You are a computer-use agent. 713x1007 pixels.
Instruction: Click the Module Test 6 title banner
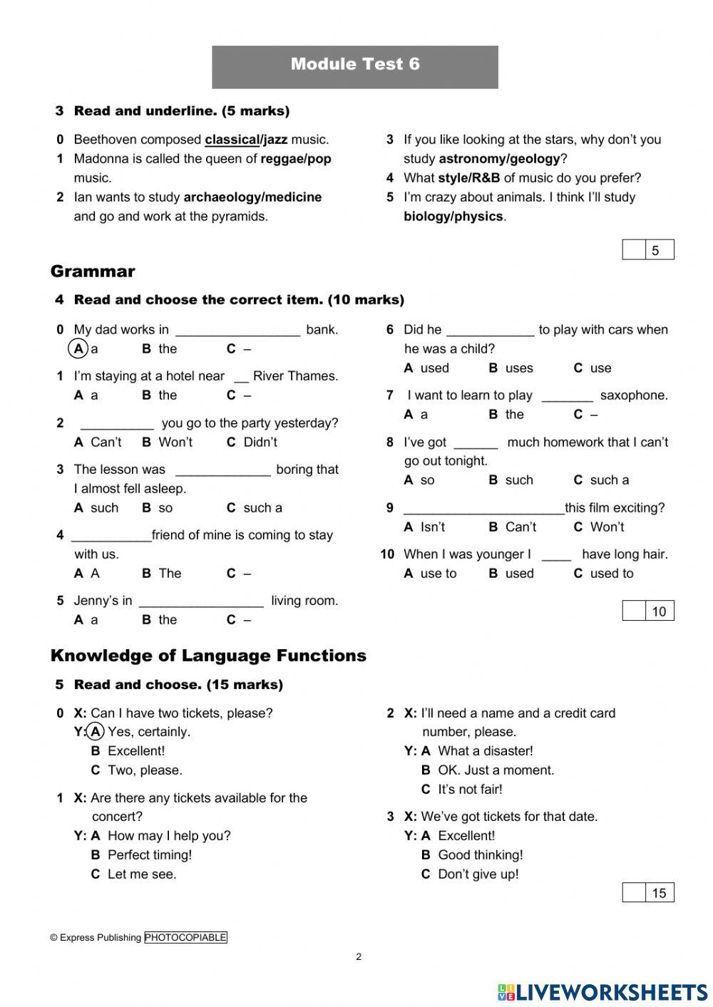355,66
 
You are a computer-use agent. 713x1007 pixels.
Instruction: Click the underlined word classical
232,140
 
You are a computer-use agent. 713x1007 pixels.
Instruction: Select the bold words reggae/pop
296,159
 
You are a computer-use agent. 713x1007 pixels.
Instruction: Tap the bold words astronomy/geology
499,159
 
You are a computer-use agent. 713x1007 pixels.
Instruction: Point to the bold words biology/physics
453,217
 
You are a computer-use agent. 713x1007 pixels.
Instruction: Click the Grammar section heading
93,272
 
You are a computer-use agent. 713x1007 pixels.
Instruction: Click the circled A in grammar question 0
78,349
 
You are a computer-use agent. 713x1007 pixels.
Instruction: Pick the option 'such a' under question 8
610,480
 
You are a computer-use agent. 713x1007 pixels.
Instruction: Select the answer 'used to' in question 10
612,574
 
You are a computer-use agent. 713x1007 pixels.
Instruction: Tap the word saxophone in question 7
634,396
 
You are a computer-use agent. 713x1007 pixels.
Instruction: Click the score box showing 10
648,611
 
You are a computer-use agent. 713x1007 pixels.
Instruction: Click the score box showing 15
648,893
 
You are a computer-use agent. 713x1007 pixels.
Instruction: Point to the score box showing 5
648,250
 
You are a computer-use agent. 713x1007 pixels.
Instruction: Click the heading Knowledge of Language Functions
208,656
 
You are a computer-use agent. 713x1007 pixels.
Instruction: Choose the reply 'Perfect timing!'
150,855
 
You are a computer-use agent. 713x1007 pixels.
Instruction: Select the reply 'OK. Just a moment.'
496,770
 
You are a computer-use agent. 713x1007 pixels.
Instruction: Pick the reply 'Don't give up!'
478,874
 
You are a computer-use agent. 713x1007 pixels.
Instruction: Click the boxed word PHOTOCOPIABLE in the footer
185,938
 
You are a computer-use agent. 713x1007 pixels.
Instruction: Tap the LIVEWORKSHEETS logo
602,992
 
